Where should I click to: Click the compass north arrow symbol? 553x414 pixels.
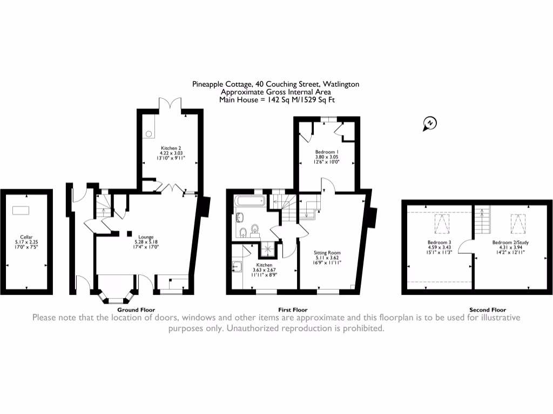pyautogui.click(x=430, y=123)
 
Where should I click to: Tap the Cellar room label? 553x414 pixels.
pyautogui.click(x=26, y=237)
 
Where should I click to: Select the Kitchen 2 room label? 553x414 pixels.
pyautogui.click(x=170, y=148)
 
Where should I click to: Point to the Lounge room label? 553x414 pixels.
pyautogui.click(x=145, y=237)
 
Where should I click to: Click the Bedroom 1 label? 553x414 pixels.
pyautogui.click(x=326, y=153)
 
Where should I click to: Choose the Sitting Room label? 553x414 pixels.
pyautogui.click(x=327, y=252)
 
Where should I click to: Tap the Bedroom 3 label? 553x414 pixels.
pyautogui.click(x=437, y=243)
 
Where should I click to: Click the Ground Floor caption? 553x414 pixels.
pyautogui.click(x=136, y=310)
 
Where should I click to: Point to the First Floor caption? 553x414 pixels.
pyautogui.click(x=292, y=310)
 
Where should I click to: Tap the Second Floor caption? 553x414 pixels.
pyautogui.click(x=487, y=310)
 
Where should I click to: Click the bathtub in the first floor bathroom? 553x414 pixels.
pyautogui.click(x=249, y=203)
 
